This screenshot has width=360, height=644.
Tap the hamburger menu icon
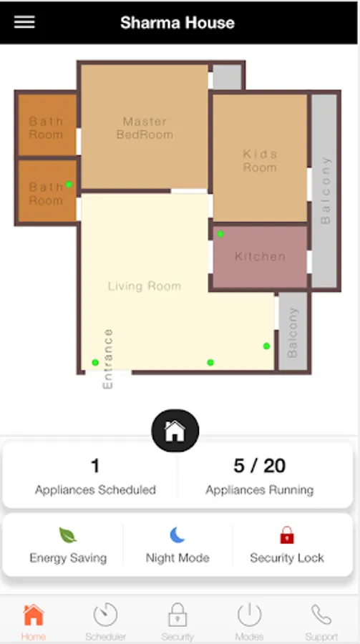point(24,22)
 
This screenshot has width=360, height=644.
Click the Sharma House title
point(177,23)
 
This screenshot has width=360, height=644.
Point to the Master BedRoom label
point(145,128)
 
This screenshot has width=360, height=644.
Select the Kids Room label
point(260,160)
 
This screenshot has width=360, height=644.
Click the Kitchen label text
point(260,256)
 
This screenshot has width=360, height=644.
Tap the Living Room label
point(145,286)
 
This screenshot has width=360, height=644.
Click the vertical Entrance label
point(107,358)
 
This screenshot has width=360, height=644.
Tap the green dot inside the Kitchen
point(220,234)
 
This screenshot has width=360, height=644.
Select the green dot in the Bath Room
point(69,185)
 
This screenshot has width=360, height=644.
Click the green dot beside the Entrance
point(95,362)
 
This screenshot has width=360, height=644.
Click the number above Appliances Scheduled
point(95,466)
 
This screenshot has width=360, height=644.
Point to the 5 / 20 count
point(259,466)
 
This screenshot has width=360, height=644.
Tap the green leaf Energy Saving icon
point(68,535)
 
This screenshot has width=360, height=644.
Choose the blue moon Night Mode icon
point(177,535)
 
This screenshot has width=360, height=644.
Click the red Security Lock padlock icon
point(287,535)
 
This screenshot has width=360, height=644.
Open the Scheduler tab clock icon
point(106,615)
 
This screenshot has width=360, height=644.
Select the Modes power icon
point(250,615)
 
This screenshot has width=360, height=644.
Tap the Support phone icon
point(321,615)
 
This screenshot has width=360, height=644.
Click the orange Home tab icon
point(34,615)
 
